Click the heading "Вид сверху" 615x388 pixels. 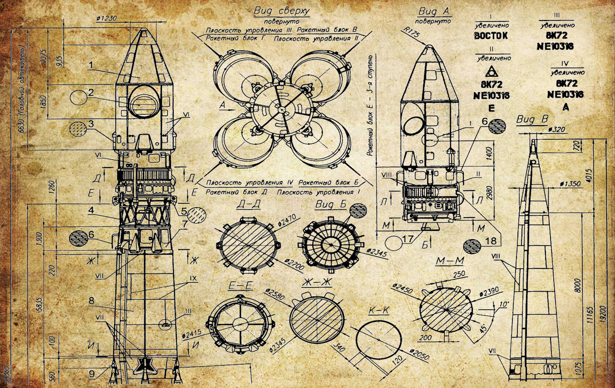[x=282, y=11]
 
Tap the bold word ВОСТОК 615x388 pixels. [x=491, y=36]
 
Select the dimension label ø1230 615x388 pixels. [x=106, y=19]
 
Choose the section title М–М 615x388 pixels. [x=450, y=261]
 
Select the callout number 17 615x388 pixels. [x=408, y=239]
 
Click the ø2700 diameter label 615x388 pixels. [x=294, y=264]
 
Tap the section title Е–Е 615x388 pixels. [x=240, y=286]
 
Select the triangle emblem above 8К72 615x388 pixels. [x=491, y=71]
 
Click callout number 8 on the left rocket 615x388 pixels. [x=91, y=301]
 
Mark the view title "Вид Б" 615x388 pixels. [x=331, y=205]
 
